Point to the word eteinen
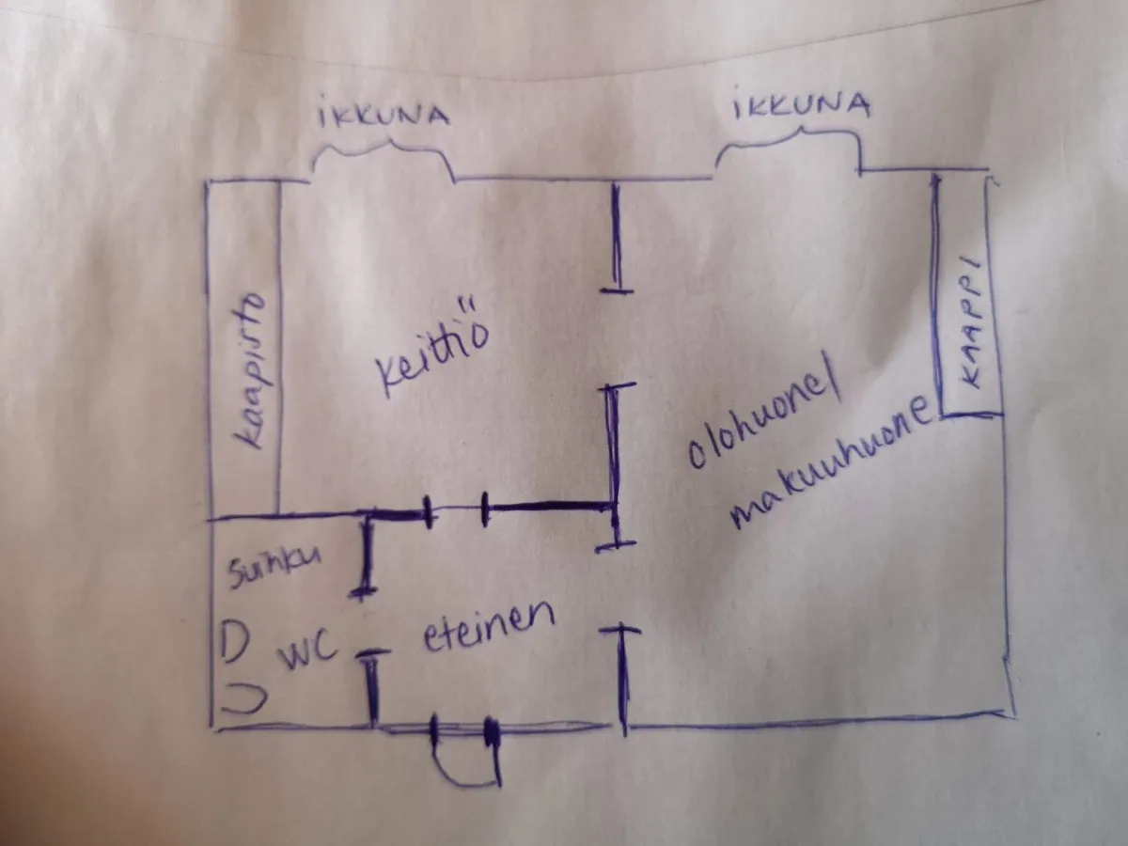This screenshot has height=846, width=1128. pos(489,626)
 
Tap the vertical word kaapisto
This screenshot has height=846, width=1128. pos(250,371)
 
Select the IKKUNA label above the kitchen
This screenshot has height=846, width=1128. pos(384,116)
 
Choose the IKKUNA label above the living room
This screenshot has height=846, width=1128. pos(802,106)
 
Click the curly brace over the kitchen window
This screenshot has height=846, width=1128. pos(384,158)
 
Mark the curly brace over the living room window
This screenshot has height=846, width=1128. pos(790,149)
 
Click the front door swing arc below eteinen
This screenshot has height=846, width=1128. pos(466,760)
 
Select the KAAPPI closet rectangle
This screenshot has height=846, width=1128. pos(967,295)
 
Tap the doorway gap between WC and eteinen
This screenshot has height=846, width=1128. pos(371,622)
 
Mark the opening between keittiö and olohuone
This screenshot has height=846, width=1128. pos(618,338)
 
